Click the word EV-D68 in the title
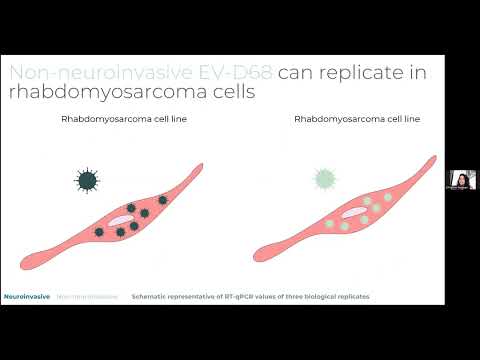[x=240, y=72]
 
